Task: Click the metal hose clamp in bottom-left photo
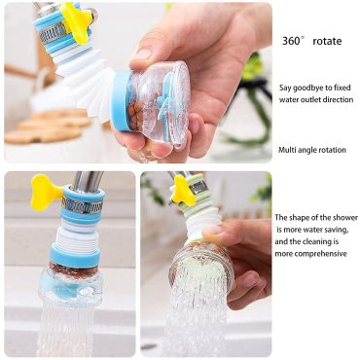83,204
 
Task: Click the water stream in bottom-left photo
73,326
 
